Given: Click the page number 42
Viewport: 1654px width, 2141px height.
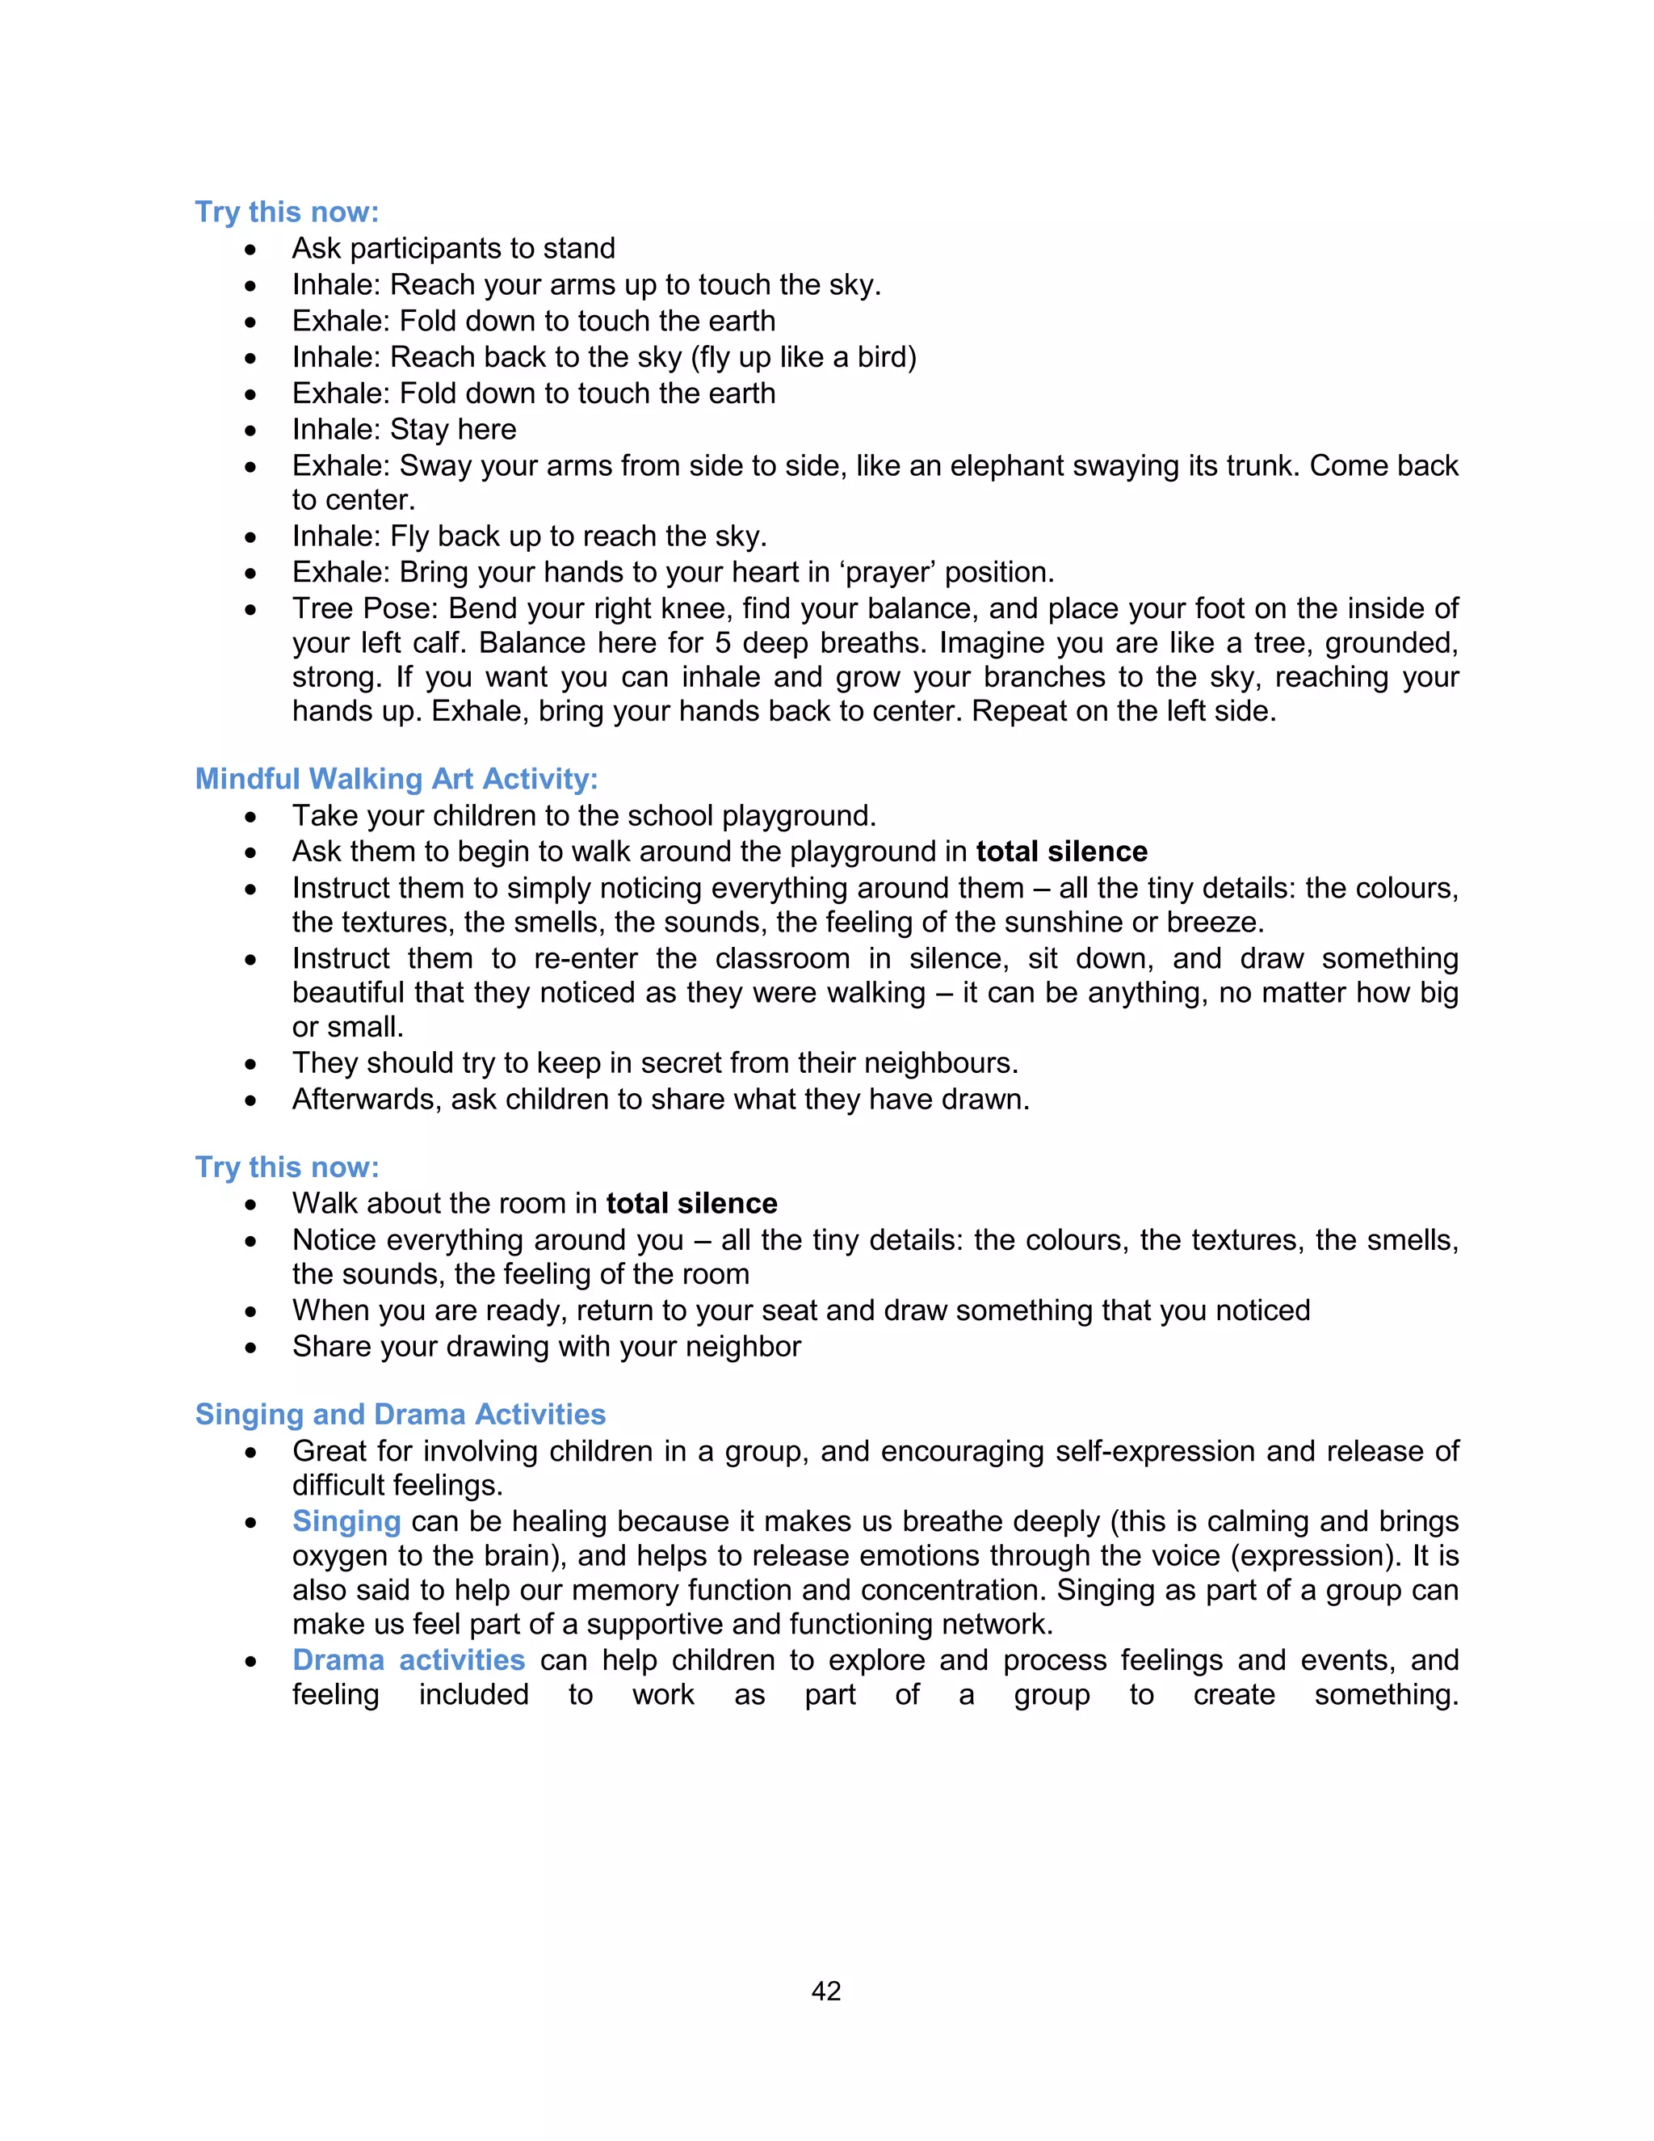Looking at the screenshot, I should pos(826,1990).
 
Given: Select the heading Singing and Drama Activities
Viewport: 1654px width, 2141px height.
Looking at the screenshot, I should pos(400,1414).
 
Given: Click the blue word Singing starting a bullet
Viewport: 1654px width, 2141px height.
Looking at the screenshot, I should pos(346,1521).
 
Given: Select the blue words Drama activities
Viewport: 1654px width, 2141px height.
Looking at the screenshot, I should pos(409,1659).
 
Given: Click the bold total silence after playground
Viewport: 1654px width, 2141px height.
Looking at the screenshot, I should pos(1061,851).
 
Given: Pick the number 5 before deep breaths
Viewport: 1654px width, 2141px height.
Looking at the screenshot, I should pos(722,643).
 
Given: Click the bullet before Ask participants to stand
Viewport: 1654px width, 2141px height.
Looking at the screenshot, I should pos(252,250).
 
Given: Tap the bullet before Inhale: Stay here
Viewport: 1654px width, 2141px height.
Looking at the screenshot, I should pos(252,431).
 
